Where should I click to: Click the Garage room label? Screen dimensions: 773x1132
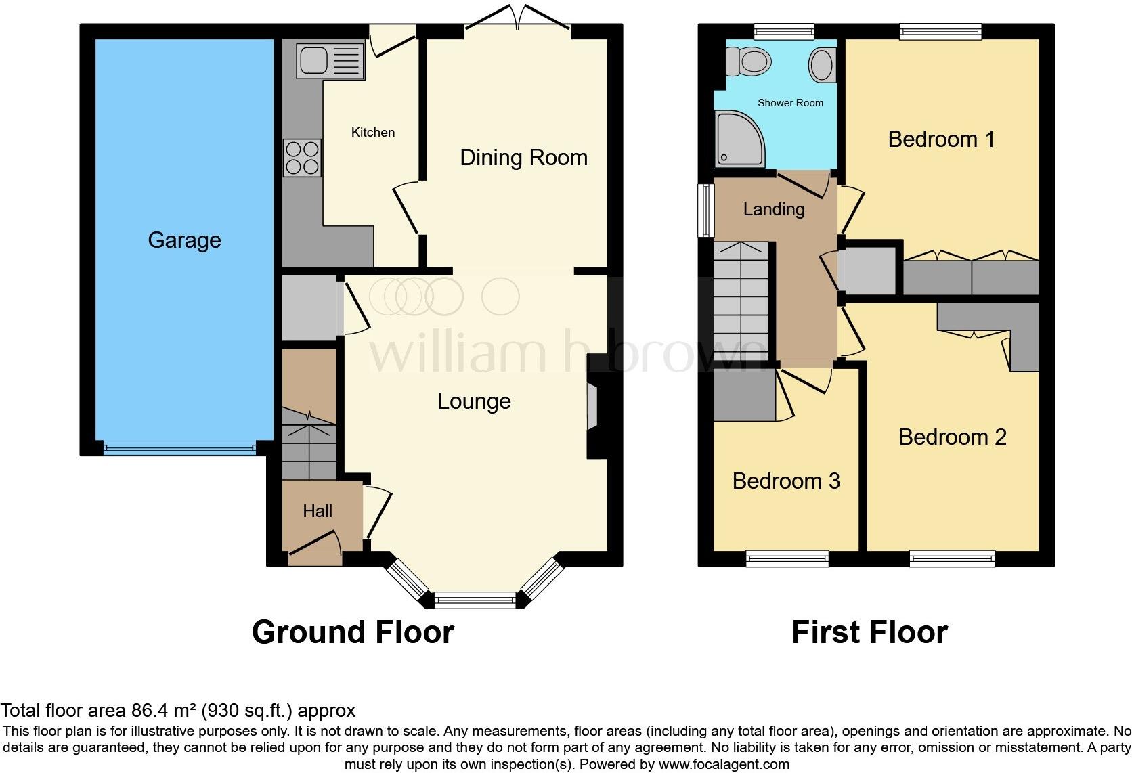tap(184, 240)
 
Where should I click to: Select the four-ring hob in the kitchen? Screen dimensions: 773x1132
tap(302, 157)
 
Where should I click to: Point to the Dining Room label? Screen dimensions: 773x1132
tap(523, 158)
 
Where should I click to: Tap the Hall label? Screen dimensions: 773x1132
tap(317, 511)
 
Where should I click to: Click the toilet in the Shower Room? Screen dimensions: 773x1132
tap(749, 63)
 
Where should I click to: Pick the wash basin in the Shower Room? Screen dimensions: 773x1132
tap(821, 66)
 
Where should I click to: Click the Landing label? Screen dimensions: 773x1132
tap(773, 209)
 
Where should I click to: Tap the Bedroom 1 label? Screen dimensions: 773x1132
tap(941, 139)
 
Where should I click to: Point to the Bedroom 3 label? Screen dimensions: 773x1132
tap(785, 481)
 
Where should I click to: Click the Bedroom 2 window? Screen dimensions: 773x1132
tap(952, 558)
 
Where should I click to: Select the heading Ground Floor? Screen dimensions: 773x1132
tap(353, 632)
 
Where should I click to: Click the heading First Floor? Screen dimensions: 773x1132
tap(869, 632)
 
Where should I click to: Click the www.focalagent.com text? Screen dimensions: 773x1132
tap(723, 764)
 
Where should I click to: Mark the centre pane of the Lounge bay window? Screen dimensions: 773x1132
tap(475, 599)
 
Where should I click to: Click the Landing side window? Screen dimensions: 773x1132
tap(706, 210)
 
